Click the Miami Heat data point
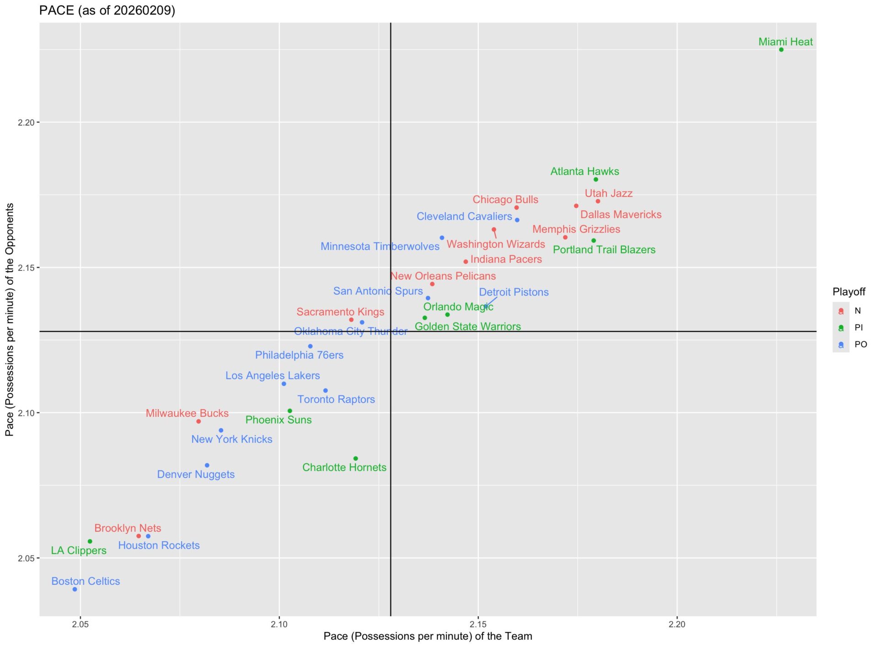pyautogui.click(x=781, y=50)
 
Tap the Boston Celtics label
pyautogui.click(x=86, y=581)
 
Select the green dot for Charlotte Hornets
pyautogui.click(x=356, y=458)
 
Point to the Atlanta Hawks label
pyautogui.click(x=584, y=172)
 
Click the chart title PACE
pyautogui.click(x=107, y=10)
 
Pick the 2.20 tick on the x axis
pyautogui.click(x=677, y=624)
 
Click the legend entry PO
pyautogui.click(x=861, y=345)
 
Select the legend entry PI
pyautogui.click(x=858, y=328)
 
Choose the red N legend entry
pyautogui.click(x=857, y=311)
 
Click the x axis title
pyautogui.click(x=428, y=636)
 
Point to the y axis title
pyautogui.click(x=10, y=319)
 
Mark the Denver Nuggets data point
pyautogui.click(x=207, y=465)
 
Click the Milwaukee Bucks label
pyautogui.click(x=187, y=413)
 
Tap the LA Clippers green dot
pyautogui.click(x=90, y=541)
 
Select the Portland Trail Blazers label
pyautogui.click(x=604, y=250)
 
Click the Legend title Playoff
pyautogui.click(x=849, y=292)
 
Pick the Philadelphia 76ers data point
pyautogui.click(x=311, y=346)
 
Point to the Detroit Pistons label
pyautogui.click(x=514, y=292)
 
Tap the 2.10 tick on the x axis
pyautogui.click(x=279, y=624)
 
